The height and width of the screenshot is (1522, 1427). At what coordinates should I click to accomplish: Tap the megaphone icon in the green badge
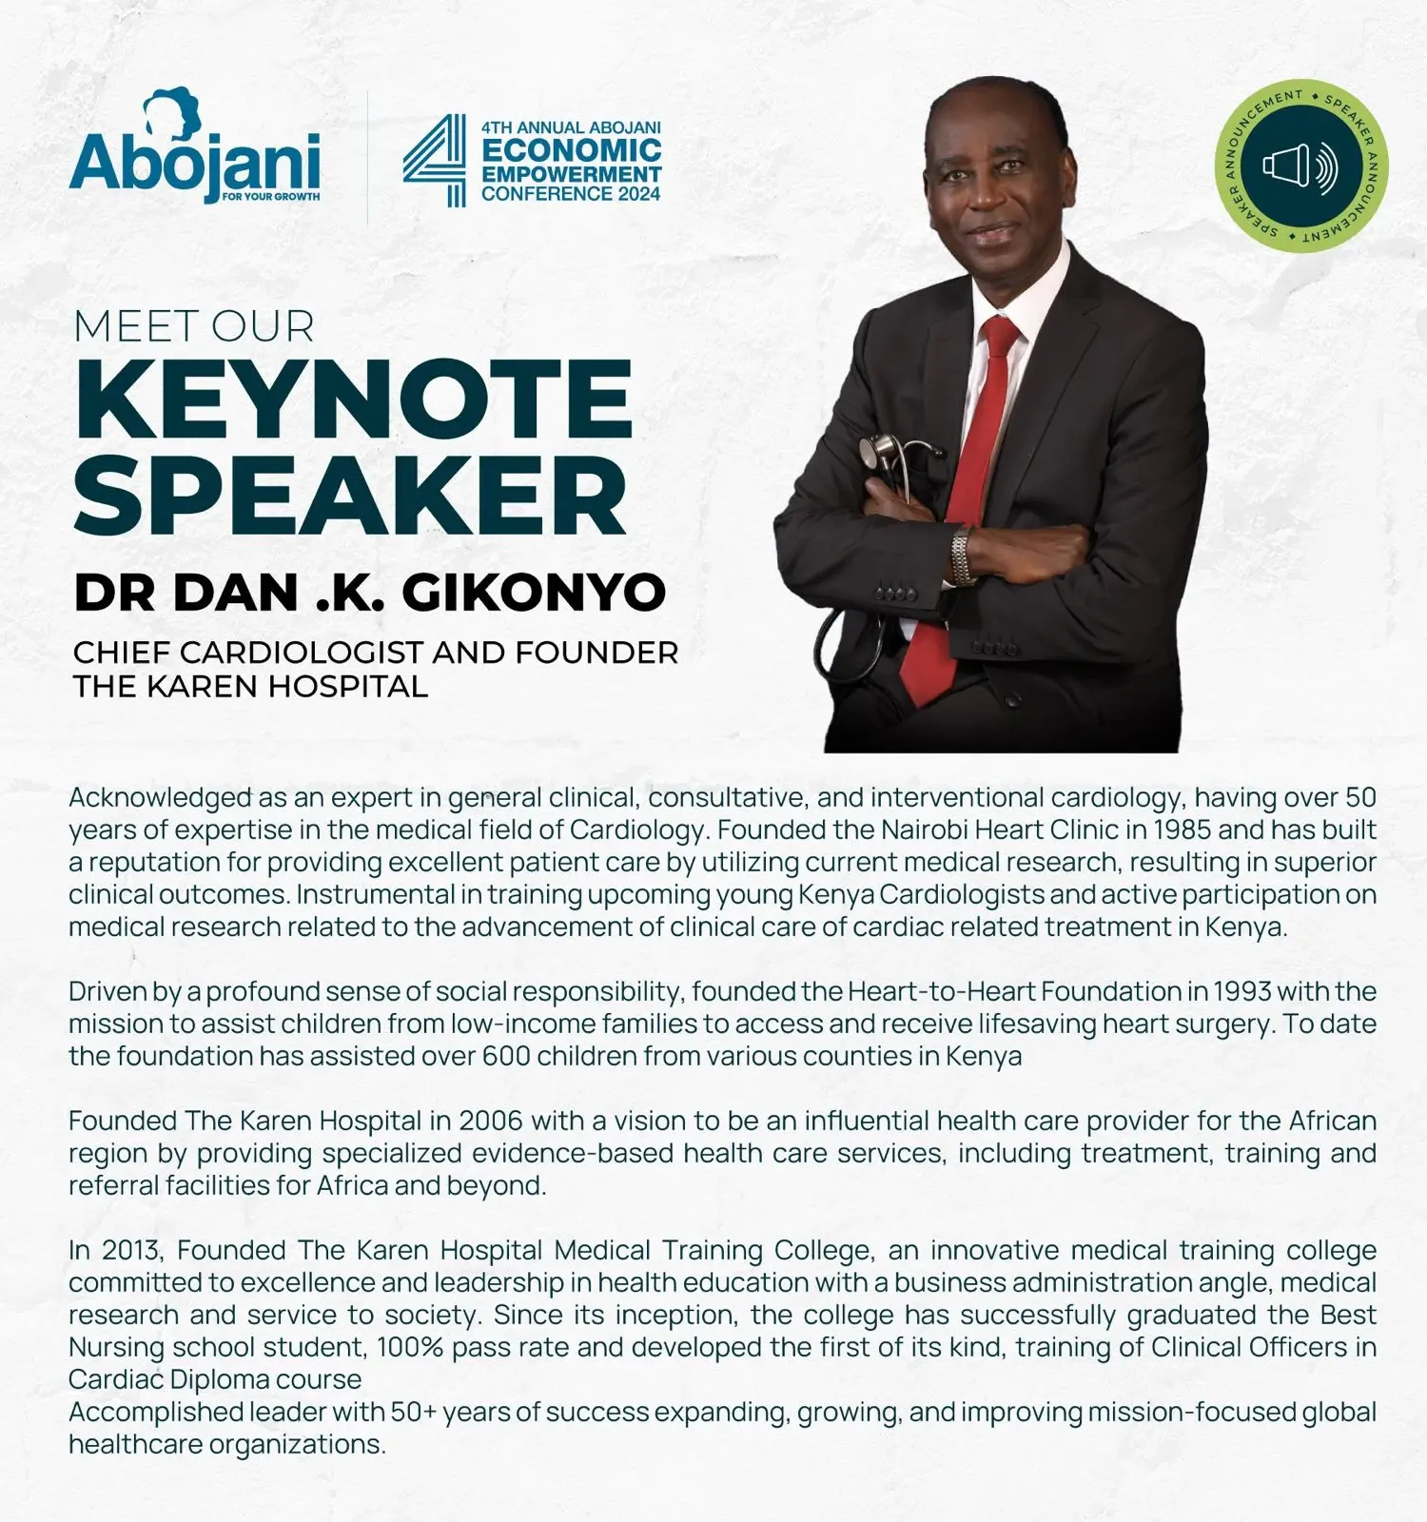click(1300, 166)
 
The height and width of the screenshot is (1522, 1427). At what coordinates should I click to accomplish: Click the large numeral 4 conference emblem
click(435, 160)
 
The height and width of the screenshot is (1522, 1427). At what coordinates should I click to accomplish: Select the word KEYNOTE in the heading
click(353, 400)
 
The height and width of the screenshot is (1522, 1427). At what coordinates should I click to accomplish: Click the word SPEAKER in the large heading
click(350, 496)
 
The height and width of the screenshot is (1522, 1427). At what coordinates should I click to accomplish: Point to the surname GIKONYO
click(534, 592)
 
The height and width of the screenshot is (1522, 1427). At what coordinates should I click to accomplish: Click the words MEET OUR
click(194, 326)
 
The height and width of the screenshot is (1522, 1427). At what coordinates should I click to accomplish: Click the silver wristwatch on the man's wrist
click(963, 556)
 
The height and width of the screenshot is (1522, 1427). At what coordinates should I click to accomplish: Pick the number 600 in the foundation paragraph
click(505, 1056)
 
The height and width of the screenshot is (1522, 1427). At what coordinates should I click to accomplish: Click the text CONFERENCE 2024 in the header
click(571, 194)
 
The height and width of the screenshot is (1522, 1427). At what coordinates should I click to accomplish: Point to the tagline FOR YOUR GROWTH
click(270, 197)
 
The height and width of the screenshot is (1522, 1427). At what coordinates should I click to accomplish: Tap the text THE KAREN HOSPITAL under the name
click(250, 686)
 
